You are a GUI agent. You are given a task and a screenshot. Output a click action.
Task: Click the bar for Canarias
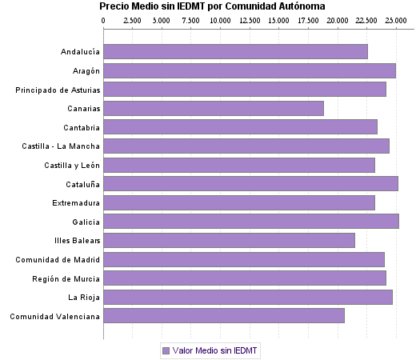point(214,108)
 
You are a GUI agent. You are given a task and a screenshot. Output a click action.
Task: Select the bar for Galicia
point(251,222)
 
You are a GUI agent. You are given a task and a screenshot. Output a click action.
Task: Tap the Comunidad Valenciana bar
point(224,316)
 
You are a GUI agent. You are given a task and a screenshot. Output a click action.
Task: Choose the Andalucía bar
point(235,51)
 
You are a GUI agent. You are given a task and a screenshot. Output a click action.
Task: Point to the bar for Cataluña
point(250,183)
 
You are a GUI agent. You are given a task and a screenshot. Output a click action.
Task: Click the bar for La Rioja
point(248,297)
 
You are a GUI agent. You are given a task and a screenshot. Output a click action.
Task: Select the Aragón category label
point(84,70)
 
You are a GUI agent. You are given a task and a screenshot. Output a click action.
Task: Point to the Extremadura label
point(76,202)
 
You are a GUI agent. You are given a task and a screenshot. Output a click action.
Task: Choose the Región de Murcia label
point(66,278)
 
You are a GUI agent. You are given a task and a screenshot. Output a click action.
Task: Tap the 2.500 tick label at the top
point(133,19)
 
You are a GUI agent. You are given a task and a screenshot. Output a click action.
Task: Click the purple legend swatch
point(166,350)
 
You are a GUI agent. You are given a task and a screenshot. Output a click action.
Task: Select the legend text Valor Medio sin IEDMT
point(216,350)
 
